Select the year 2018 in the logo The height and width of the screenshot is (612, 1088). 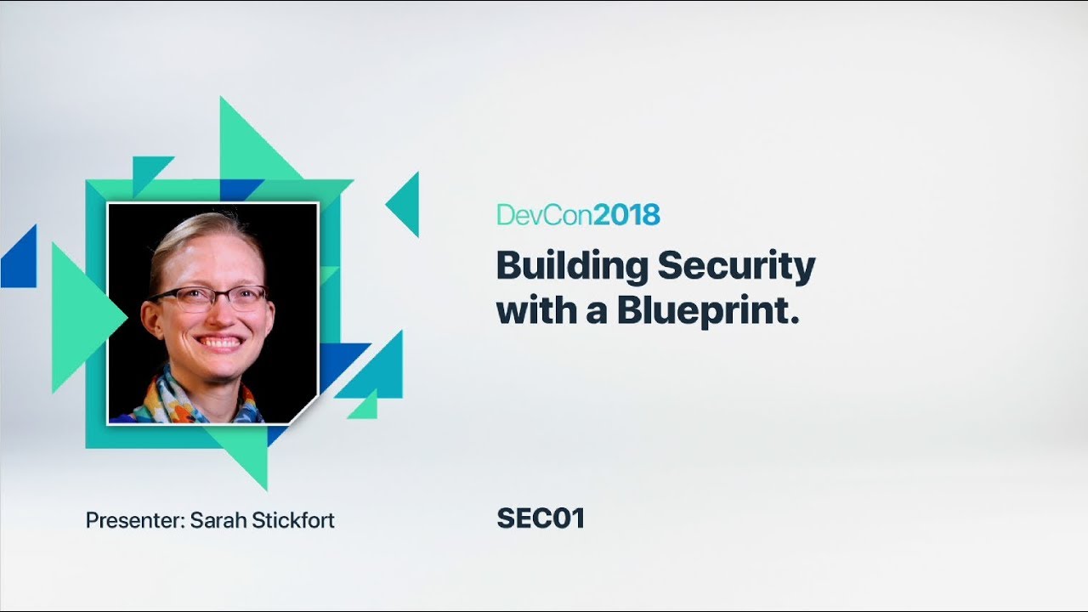[626, 215]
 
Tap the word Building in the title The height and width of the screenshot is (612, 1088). [573, 268]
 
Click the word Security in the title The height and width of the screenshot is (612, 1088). [736, 268]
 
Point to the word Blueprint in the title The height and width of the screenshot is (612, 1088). [709, 310]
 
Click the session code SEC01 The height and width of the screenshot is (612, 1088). [541, 518]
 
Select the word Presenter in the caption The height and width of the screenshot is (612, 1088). [134, 520]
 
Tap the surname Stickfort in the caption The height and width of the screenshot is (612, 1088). [293, 520]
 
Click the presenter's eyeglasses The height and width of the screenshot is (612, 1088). [209, 297]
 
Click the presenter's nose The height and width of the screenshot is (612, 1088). [213, 316]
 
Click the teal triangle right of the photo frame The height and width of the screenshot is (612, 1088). [406, 204]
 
